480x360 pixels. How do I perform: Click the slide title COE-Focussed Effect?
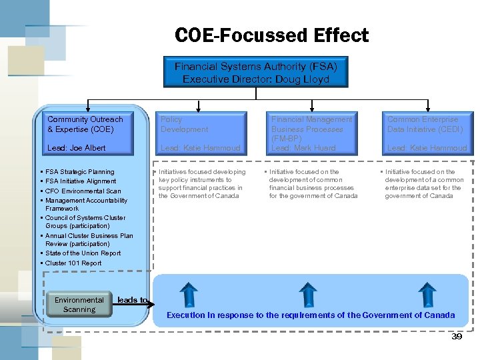pos(271,35)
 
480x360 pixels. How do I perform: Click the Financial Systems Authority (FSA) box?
pos(255,73)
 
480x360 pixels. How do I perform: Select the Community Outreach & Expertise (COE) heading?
pos(85,124)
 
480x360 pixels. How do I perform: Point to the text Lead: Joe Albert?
pos(77,148)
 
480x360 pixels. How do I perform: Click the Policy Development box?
pos(200,133)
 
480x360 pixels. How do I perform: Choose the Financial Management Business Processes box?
pos(311,133)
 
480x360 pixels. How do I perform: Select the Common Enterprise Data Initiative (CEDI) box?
pos(427,133)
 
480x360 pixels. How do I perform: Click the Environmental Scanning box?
pos(79,305)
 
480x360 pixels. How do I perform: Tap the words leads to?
pos(132,300)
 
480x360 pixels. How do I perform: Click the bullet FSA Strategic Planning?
pos(79,172)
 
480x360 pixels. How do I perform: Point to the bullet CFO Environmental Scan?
pos(83,191)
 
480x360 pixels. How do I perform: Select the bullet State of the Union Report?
pos(83,253)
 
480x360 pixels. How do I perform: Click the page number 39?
pos(457,337)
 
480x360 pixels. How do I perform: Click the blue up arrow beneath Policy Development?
pos(189,294)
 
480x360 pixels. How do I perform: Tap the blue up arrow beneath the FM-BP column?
pos(307,294)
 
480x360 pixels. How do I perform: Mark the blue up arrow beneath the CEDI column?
pos(427,294)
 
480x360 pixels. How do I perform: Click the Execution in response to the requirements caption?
pos(311,315)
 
